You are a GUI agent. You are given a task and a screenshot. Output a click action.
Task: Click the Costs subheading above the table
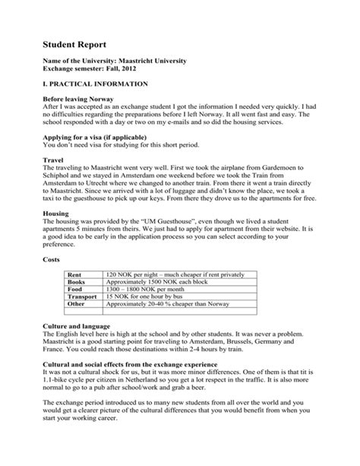(52, 259)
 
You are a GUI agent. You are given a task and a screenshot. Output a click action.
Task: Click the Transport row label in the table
(83, 297)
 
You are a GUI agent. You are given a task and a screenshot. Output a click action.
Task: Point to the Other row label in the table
(77, 306)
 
